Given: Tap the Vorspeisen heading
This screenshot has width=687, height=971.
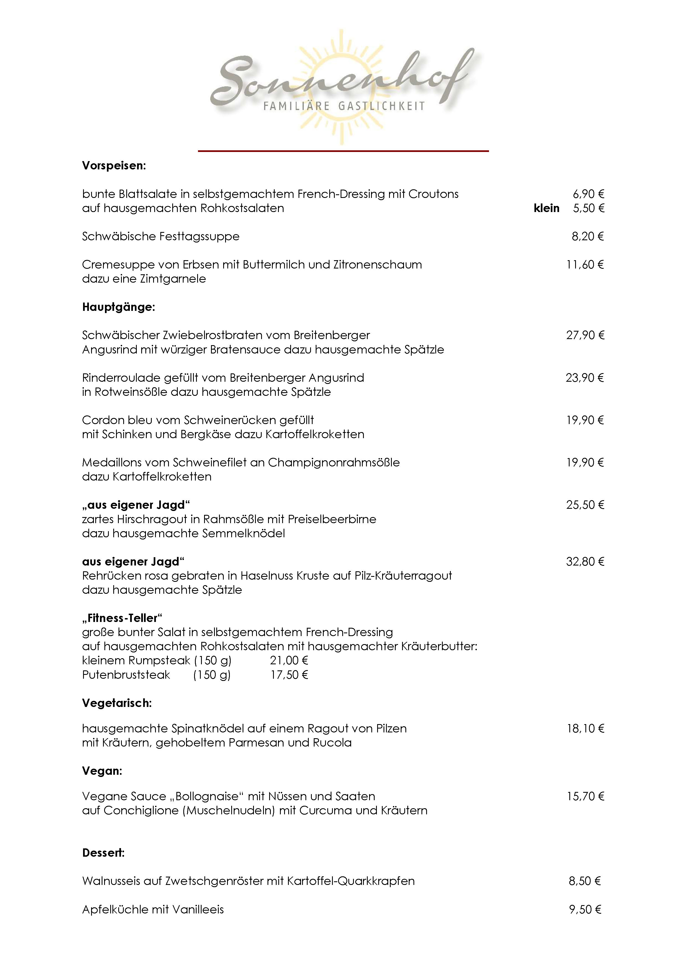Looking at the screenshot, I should point(114,166).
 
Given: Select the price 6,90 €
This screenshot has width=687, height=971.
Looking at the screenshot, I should point(588,194).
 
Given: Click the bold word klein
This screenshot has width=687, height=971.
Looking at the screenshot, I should point(547,208).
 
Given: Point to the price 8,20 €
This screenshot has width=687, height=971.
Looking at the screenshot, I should point(588,236).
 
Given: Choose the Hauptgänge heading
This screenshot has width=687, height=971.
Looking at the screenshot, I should point(119,307).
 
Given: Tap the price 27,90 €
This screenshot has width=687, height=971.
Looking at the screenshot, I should point(585,335).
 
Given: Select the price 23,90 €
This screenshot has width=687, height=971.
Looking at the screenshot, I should point(585,378).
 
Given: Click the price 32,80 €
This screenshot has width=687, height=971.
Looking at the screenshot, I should point(585,562).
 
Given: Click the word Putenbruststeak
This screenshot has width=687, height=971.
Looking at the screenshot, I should point(126,675).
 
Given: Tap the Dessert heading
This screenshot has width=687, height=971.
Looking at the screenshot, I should point(103,853).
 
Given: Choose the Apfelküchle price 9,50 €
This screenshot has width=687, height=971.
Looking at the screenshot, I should point(585,909).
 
